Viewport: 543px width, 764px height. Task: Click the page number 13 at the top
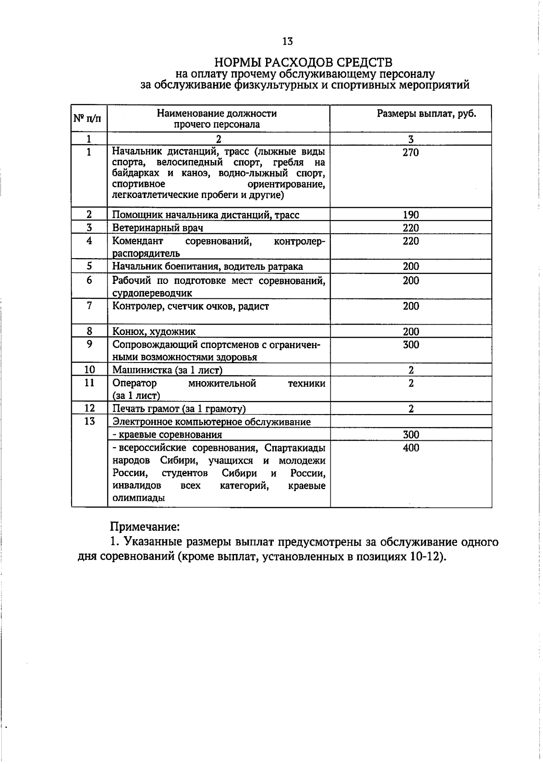(x=287, y=42)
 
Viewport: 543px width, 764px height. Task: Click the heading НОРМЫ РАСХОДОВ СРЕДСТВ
(x=303, y=62)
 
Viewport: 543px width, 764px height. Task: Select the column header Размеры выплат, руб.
(x=426, y=113)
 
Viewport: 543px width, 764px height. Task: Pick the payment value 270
(x=410, y=152)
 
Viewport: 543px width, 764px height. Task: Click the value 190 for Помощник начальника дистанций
(x=410, y=215)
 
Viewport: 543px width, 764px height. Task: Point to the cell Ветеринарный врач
(x=157, y=228)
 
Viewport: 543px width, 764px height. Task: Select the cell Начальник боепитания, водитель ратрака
(x=207, y=267)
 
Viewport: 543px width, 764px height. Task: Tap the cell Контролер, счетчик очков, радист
(x=191, y=307)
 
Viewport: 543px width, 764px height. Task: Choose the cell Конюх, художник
(x=154, y=332)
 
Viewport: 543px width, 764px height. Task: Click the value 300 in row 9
(x=410, y=345)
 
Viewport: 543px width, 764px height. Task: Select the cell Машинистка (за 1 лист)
(x=167, y=370)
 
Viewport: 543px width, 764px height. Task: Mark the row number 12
(x=89, y=408)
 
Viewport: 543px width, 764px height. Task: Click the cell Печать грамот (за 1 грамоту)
(x=179, y=409)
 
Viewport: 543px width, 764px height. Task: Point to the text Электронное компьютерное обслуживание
(x=211, y=422)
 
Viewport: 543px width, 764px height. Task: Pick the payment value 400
(x=410, y=448)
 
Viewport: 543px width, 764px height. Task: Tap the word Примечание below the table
(x=145, y=527)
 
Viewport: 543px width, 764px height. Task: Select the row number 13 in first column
(x=89, y=421)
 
